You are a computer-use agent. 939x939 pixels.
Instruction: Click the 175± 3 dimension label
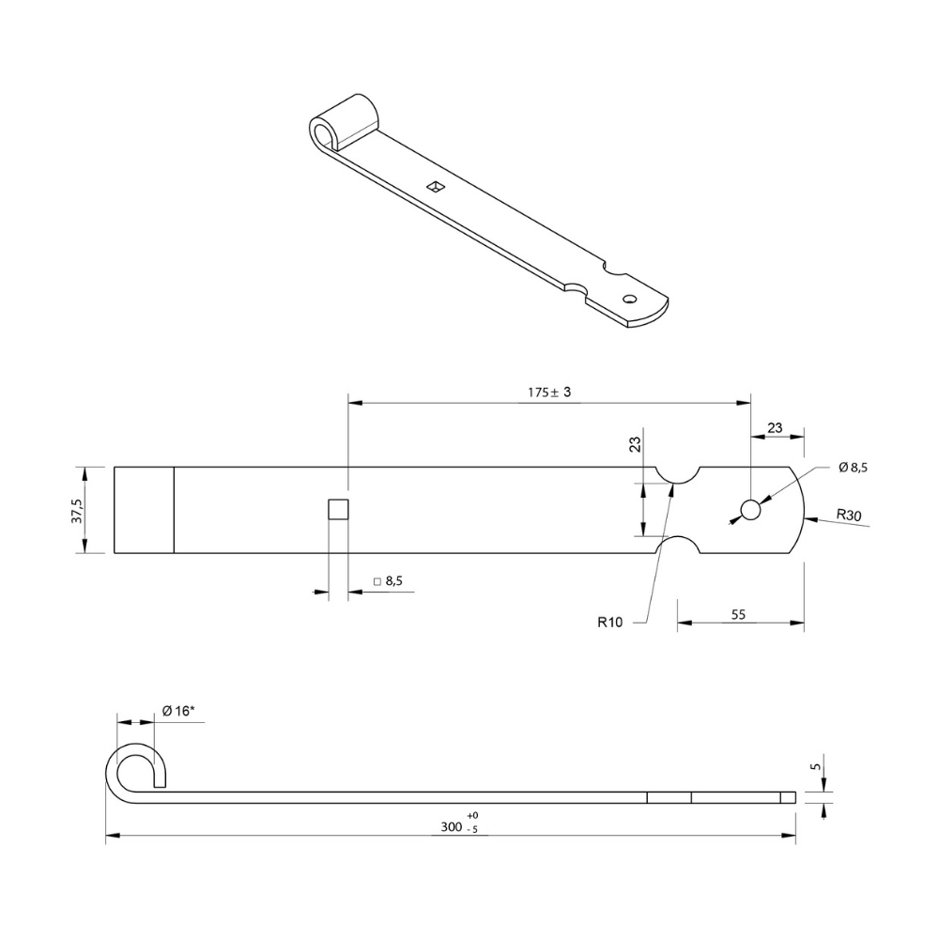coord(549,393)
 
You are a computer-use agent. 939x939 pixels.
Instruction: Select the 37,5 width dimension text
coord(77,510)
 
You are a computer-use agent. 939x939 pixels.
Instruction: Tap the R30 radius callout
coord(849,515)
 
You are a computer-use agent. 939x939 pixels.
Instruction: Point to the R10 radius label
coord(609,623)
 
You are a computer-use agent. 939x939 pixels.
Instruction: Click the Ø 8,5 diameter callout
coord(853,468)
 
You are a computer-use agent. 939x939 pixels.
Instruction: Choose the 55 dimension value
coord(738,614)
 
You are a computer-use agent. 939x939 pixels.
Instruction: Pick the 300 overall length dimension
coord(451,827)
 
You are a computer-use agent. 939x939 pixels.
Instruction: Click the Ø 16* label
coord(178,711)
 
